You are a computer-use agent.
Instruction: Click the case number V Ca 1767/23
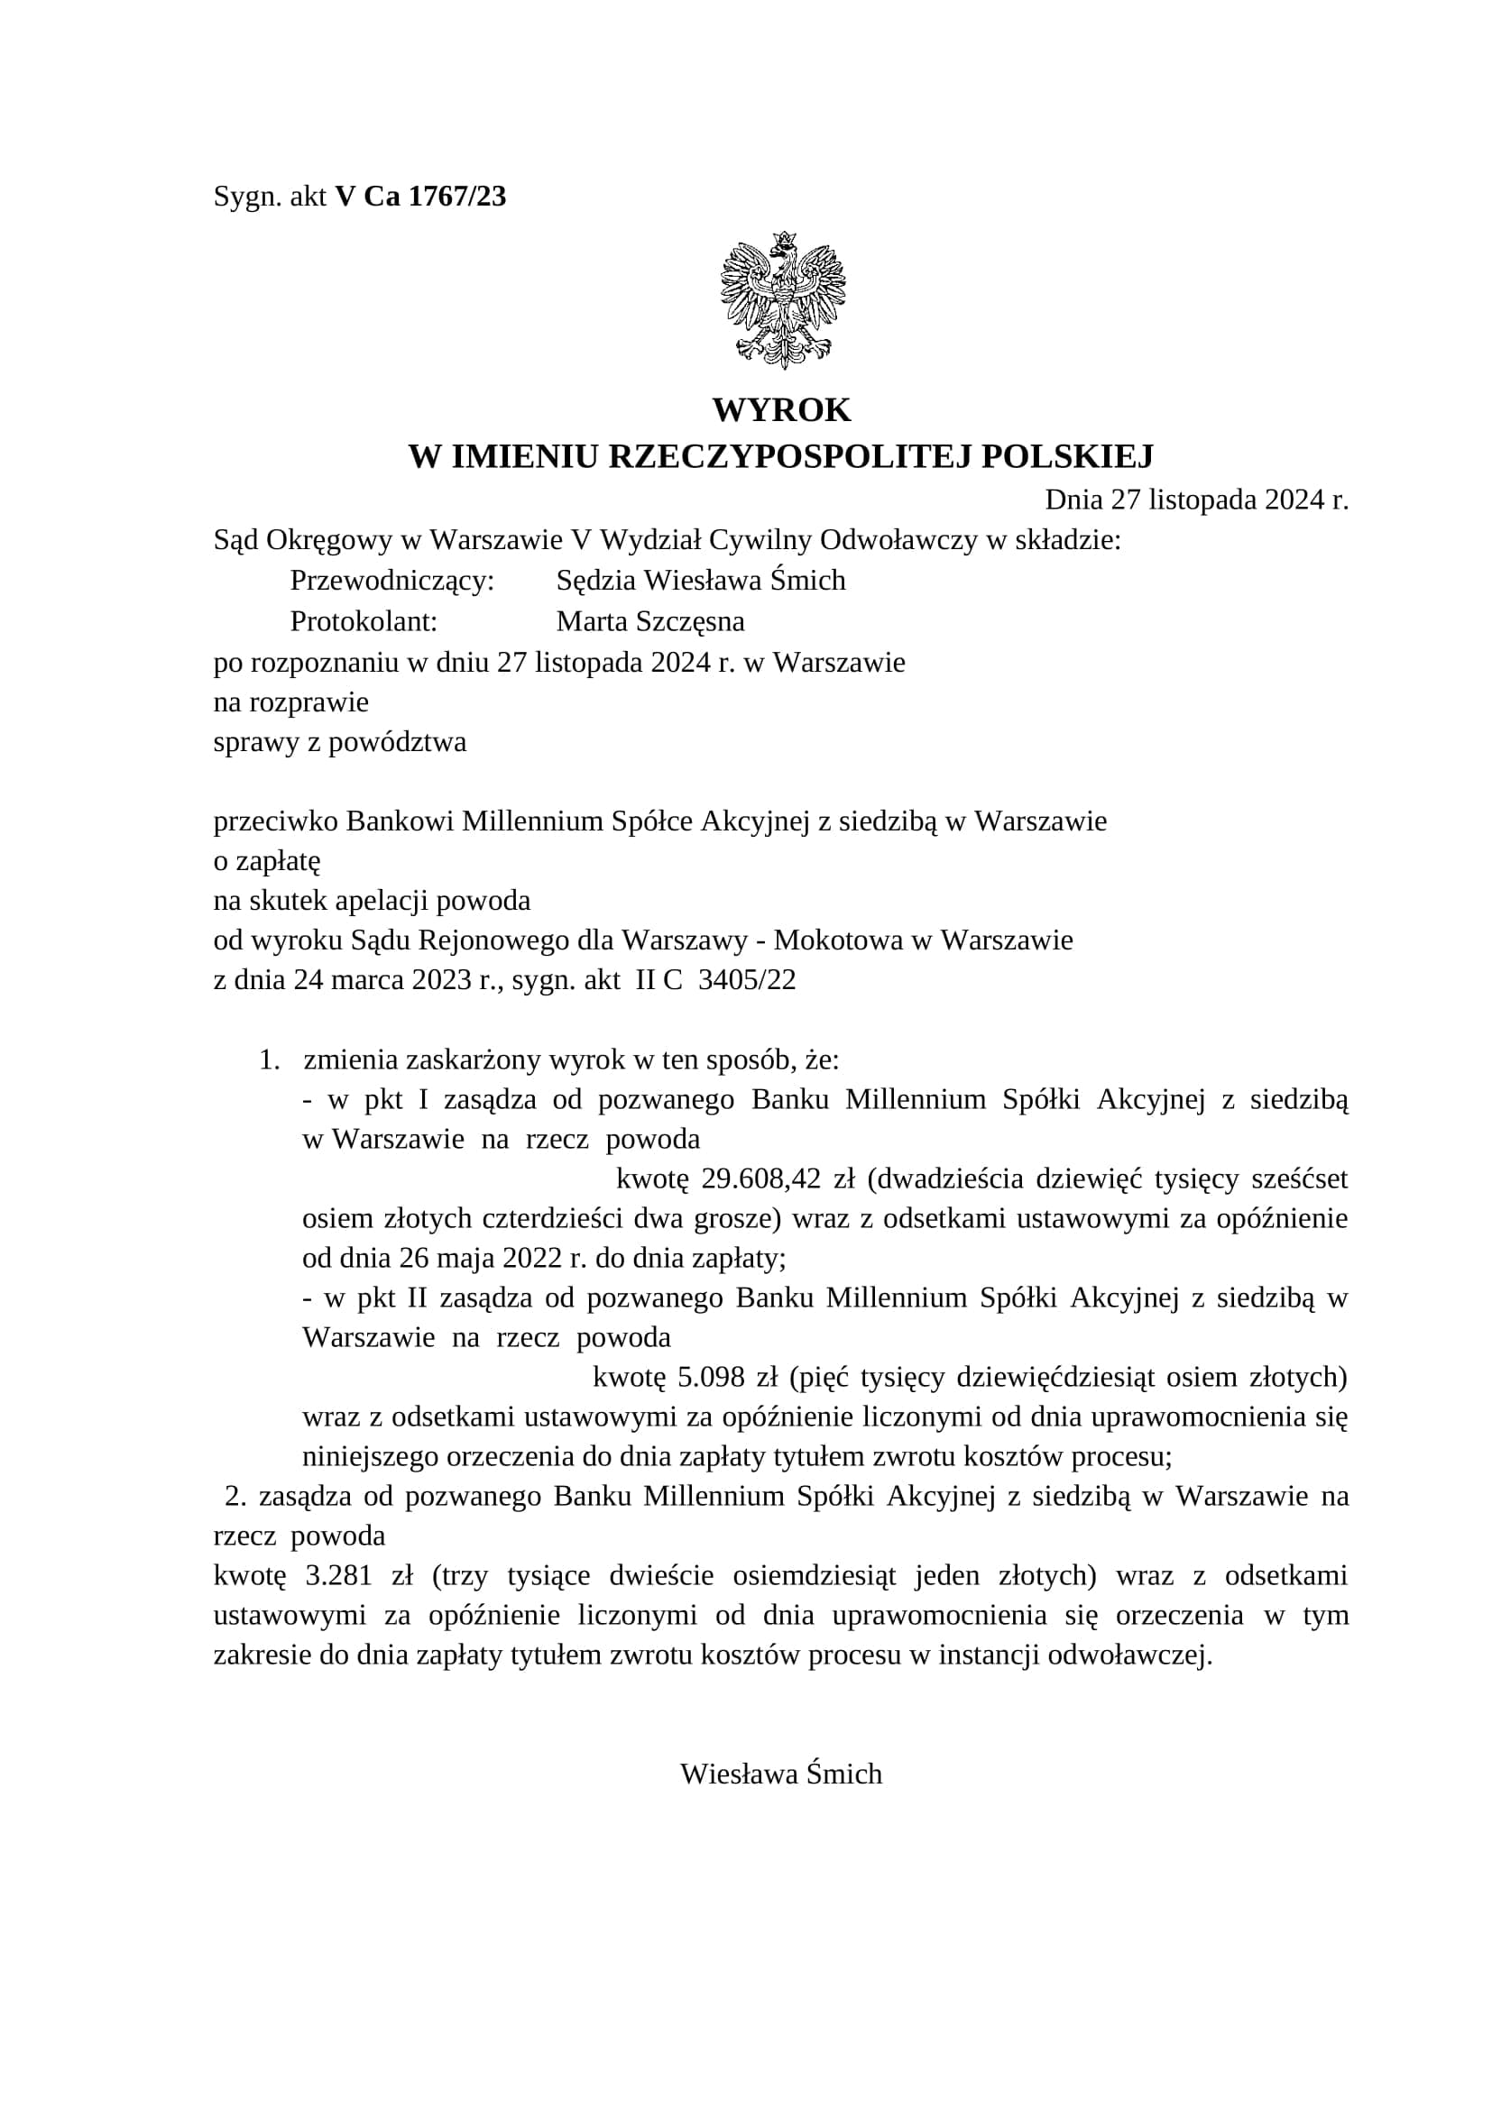click(420, 197)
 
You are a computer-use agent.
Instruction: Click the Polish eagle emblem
click(782, 300)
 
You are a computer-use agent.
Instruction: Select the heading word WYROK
click(782, 409)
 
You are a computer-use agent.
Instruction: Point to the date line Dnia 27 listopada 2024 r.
click(1196, 500)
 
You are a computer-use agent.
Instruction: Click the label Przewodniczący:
click(392, 581)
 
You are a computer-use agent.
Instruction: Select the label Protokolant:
click(364, 622)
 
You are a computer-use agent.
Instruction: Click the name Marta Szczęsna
click(650, 622)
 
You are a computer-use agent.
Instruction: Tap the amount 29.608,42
click(760, 1178)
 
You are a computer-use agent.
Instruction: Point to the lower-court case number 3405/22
click(747, 980)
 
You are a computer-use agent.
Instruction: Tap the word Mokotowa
click(837, 940)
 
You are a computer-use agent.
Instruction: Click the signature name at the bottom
click(781, 1774)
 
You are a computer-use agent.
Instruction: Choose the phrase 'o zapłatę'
click(266, 861)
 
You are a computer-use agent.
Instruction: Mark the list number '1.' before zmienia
click(269, 1060)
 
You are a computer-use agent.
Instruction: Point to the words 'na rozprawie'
click(291, 701)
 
